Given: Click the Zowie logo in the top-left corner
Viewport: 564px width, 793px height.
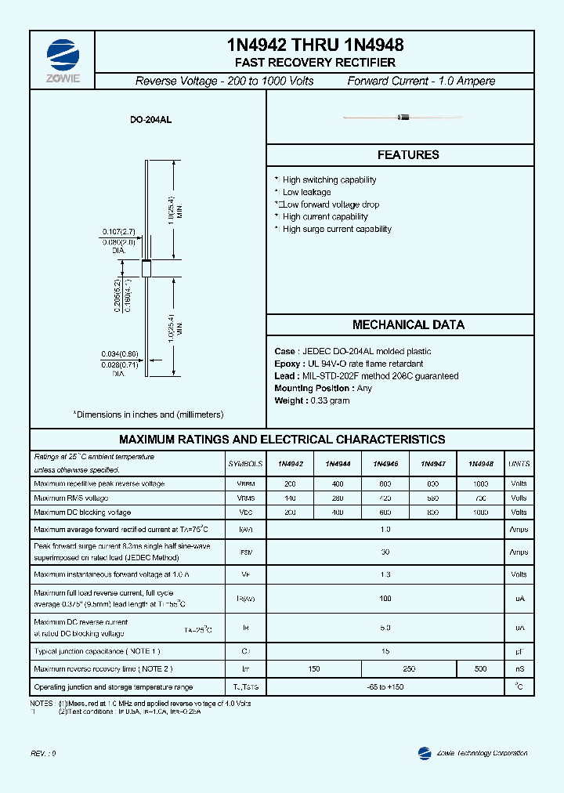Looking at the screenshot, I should pos(63,56).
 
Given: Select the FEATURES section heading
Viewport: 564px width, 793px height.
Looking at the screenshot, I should pos(408,155).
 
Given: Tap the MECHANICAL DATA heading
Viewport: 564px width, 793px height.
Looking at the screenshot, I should pos(408,324).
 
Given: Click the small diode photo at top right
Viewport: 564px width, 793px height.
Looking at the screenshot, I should pos(403,118).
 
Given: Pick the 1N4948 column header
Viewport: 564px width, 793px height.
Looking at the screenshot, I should pos(480,464).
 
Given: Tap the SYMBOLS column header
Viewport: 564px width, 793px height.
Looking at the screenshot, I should pos(245,464).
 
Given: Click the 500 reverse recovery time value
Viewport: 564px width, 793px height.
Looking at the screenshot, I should pos(480,668).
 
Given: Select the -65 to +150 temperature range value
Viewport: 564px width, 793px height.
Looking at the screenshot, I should pos(385,687).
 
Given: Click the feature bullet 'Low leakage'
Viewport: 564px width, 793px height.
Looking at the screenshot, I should pos(306,192).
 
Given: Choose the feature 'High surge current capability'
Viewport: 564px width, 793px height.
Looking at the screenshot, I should pos(337,229).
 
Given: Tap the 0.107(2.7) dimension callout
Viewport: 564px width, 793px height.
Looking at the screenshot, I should pos(118,231).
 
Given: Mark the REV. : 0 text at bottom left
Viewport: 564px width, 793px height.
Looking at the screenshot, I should pos(44,753).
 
